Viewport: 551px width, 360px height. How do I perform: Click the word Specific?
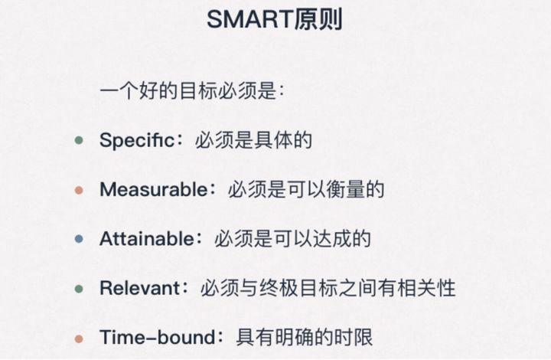tap(136, 140)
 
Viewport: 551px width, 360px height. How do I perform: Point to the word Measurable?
tap(153, 189)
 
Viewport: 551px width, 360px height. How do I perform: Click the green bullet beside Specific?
tap(79, 141)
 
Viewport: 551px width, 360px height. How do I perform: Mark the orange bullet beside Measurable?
tap(79, 190)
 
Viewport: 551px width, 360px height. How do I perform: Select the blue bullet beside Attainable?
tap(79, 239)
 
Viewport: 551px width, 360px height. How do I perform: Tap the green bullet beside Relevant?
tap(79, 289)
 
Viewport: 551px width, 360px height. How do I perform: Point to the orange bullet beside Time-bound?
tap(79, 338)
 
